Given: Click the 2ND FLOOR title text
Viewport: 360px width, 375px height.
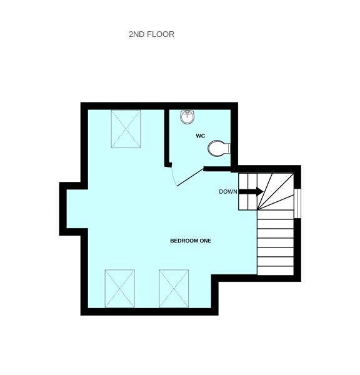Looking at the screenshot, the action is (x=151, y=34).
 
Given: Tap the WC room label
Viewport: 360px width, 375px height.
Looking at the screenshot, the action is (x=201, y=136).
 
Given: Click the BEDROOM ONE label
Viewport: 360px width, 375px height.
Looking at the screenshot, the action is (x=191, y=241).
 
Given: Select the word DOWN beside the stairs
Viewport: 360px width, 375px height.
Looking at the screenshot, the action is (x=228, y=192).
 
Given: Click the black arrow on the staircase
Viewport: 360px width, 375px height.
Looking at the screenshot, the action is (x=251, y=191).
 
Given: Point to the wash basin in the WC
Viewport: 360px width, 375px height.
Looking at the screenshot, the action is (x=187, y=117).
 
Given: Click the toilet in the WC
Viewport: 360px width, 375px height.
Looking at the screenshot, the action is (x=219, y=148).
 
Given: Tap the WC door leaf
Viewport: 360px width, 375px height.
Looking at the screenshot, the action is (x=190, y=177).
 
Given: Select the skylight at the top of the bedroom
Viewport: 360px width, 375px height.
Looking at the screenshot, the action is (x=126, y=129).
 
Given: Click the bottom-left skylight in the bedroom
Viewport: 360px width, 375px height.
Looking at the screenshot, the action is (x=119, y=289).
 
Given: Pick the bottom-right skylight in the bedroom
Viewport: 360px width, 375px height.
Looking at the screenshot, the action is (x=174, y=289).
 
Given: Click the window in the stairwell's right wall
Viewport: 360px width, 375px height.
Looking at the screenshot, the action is (x=297, y=204).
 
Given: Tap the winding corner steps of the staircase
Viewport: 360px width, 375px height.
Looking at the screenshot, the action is (x=276, y=191).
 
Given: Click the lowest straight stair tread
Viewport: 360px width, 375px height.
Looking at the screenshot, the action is (x=276, y=271).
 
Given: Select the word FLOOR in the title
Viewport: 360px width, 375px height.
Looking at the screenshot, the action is (x=161, y=34).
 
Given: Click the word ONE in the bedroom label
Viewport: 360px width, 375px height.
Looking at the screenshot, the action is (x=206, y=241).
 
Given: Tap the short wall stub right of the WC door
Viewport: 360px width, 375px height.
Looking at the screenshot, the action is (x=217, y=169).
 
